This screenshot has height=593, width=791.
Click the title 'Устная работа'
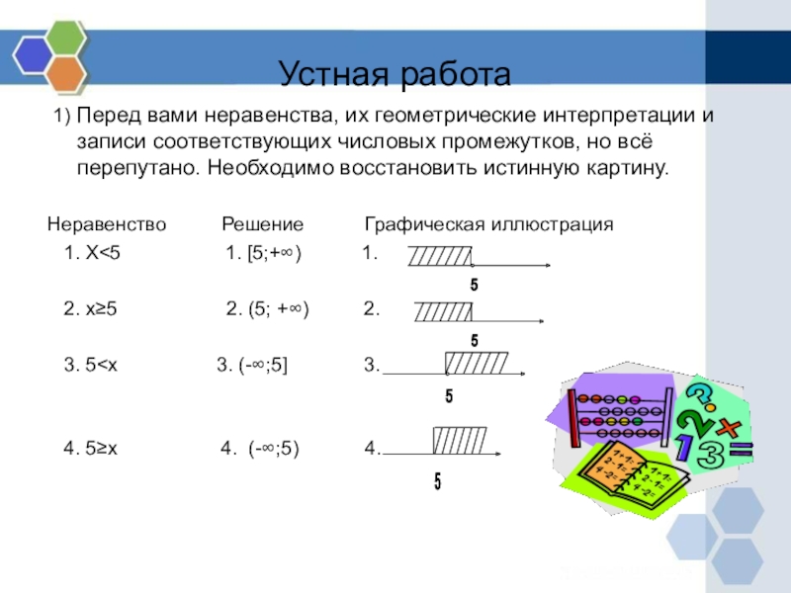(395, 74)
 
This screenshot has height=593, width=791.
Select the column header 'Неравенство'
(108, 225)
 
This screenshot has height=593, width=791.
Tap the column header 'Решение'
(262, 225)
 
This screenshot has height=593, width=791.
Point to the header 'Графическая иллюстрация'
(489, 225)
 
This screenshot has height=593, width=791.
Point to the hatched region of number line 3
(478, 363)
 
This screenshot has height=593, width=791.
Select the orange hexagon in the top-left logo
(65, 72)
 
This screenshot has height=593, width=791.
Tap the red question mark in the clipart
(698, 395)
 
